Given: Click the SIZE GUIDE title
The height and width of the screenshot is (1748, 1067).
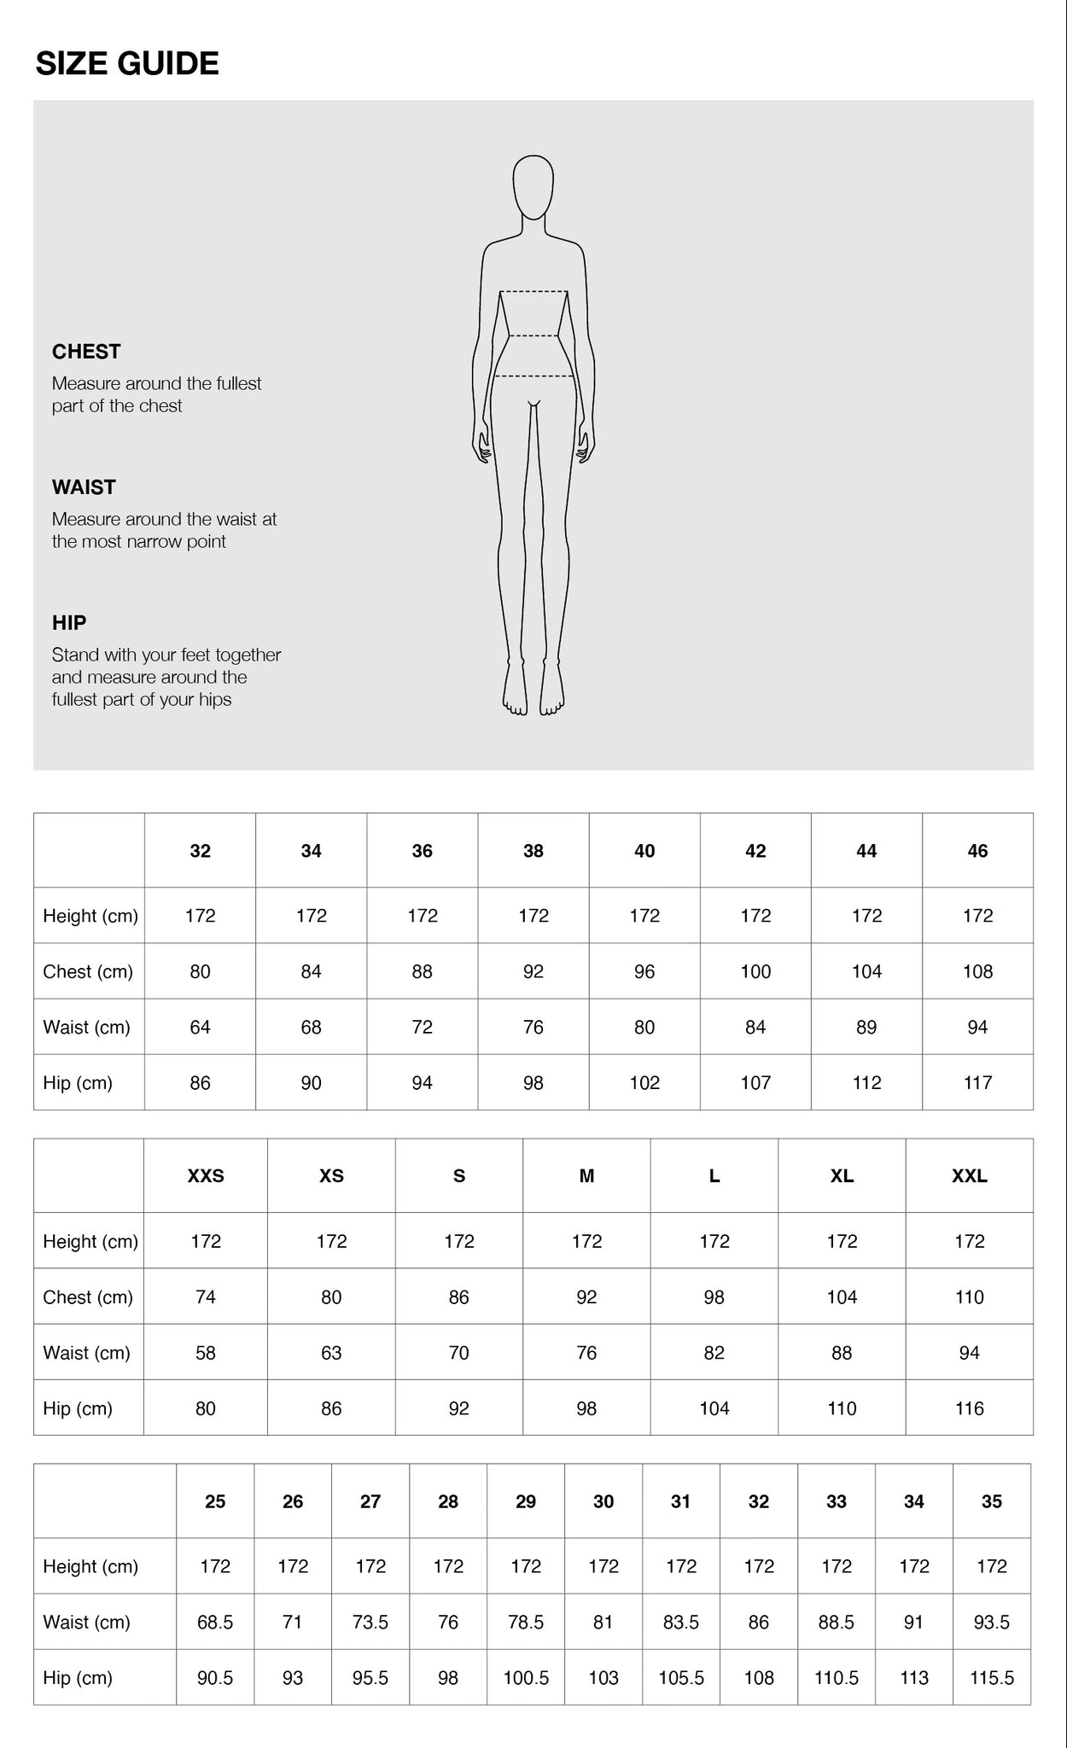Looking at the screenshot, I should pyautogui.click(x=127, y=64).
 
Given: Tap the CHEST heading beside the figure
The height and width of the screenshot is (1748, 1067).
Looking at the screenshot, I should pyautogui.click(x=86, y=352).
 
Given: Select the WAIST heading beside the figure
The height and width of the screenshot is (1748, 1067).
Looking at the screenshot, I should pyautogui.click(x=84, y=487).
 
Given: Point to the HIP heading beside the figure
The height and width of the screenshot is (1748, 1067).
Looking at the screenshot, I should pyautogui.click(x=69, y=623).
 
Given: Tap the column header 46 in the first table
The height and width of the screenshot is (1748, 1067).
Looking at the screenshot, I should pyautogui.click(x=977, y=851).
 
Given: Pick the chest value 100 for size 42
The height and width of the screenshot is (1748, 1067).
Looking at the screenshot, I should pyautogui.click(x=755, y=971).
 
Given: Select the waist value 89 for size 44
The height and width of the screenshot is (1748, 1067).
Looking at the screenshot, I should pyautogui.click(x=866, y=1028).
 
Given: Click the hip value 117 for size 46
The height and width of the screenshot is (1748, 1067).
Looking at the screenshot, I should pyautogui.click(x=977, y=1083).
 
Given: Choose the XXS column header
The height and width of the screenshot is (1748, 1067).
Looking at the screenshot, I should pyautogui.click(x=206, y=1176).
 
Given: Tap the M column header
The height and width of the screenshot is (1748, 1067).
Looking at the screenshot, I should pyautogui.click(x=586, y=1176).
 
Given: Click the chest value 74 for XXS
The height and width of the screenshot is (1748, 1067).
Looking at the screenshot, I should pyautogui.click(x=206, y=1297).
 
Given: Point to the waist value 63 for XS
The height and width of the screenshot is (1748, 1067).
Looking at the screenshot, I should pyautogui.click(x=331, y=1353).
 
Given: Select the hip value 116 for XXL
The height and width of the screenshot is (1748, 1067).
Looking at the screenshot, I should pyautogui.click(x=970, y=1408).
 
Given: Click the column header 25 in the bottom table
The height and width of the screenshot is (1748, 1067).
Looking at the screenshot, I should pyautogui.click(x=215, y=1501).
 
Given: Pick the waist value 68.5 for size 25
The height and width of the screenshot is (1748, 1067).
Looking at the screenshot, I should pyautogui.click(x=215, y=1623).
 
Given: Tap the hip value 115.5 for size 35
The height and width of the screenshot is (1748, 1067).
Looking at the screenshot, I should pyautogui.click(x=992, y=1678).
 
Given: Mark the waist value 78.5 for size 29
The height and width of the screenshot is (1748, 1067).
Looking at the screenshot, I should pyautogui.click(x=526, y=1623).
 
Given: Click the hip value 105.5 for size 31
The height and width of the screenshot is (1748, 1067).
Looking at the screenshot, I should pyautogui.click(x=681, y=1678).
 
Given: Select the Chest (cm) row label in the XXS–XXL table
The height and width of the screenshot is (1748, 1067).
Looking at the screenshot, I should pyautogui.click(x=88, y=1297).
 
